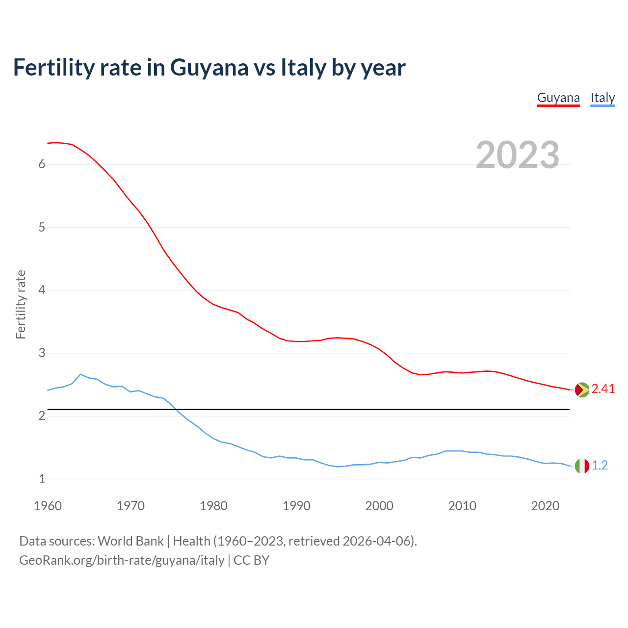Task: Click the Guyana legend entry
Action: tap(558, 98)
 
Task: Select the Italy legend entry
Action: tap(602, 98)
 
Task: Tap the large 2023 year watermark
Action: tap(518, 155)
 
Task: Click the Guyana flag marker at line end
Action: tap(582, 390)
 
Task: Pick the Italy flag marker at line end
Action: tap(582, 466)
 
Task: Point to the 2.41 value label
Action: tap(603, 389)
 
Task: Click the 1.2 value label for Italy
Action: tap(600, 466)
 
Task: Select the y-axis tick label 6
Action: tap(42, 164)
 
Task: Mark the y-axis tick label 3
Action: tap(42, 353)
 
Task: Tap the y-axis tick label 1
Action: tap(42, 479)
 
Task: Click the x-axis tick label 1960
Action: tap(48, 506)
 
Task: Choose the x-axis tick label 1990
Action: tap(296, 506)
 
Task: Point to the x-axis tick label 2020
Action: tap(545, 506)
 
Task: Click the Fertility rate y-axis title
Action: tap(21, 304)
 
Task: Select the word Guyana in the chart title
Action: tap(209, 67)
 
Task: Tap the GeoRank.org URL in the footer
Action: tap(122, 560)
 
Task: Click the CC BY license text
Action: tap(251, 560)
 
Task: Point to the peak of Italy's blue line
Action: tap(80, 374)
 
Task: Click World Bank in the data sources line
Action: tap(131, 541)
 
